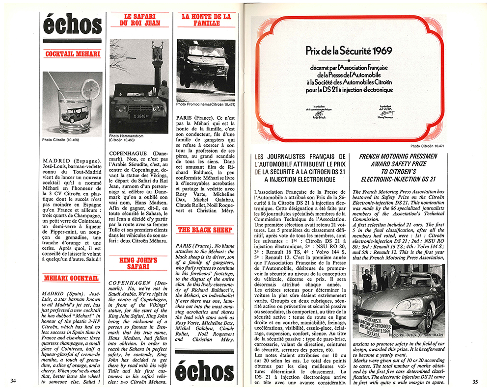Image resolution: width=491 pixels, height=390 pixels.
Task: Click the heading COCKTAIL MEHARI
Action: (72, 54)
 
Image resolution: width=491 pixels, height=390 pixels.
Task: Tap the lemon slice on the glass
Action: (90, 88)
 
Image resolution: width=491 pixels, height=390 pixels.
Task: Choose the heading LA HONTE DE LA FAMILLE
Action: (206, 20)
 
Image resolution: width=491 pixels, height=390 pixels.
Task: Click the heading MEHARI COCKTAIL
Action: (72, 278)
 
